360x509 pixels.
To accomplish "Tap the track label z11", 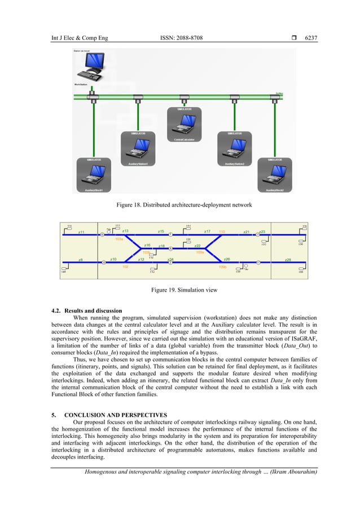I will pyautogui.click(x=81, y=232).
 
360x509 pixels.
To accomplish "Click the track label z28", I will pyautogui.click(x=288, y=260).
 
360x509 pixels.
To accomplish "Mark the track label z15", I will pyautogui.click(x=161, y=231).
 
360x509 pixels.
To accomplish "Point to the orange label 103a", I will pyautogui.click(x=119, y=239).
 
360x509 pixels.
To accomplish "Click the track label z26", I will pyautogui.click(x=227, y=259).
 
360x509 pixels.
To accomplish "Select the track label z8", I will pyautogui.click(x=81, y=260).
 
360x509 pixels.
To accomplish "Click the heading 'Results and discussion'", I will pyautogui.click(x=93, y=310).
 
